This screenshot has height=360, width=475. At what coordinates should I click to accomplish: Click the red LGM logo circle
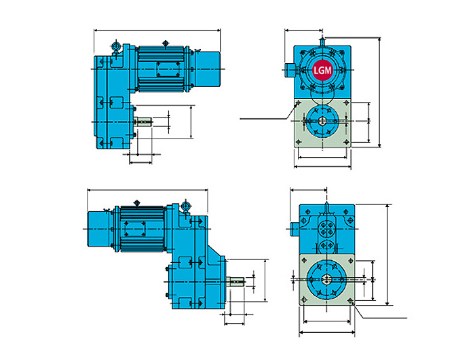point(322,71)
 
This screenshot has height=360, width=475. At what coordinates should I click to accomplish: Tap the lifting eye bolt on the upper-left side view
point(116,47)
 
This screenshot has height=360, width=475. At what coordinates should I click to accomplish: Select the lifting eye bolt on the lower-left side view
point(185,207)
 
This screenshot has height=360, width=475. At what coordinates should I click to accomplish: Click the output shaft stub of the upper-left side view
point(143,122)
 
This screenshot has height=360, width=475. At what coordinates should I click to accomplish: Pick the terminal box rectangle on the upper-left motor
point(168,69)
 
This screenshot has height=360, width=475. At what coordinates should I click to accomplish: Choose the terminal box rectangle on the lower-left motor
point(134,229)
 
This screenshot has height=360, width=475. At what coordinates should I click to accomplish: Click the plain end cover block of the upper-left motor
point(208,70)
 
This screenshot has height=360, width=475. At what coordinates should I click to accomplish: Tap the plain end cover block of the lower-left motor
point(98,229)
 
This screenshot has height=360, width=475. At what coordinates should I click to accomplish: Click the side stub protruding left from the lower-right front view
point(294,229)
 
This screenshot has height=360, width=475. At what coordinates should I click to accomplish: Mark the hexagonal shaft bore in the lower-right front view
point(326,279)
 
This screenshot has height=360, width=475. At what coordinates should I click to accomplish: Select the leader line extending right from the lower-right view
point(379,310)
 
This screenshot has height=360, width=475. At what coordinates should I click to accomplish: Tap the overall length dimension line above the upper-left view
point(157,31)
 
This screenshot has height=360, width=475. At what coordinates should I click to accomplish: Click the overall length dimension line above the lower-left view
point(147,190)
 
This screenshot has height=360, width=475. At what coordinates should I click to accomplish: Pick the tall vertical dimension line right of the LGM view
point(379,92)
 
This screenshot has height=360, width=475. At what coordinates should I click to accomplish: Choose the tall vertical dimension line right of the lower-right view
point(387,255)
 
